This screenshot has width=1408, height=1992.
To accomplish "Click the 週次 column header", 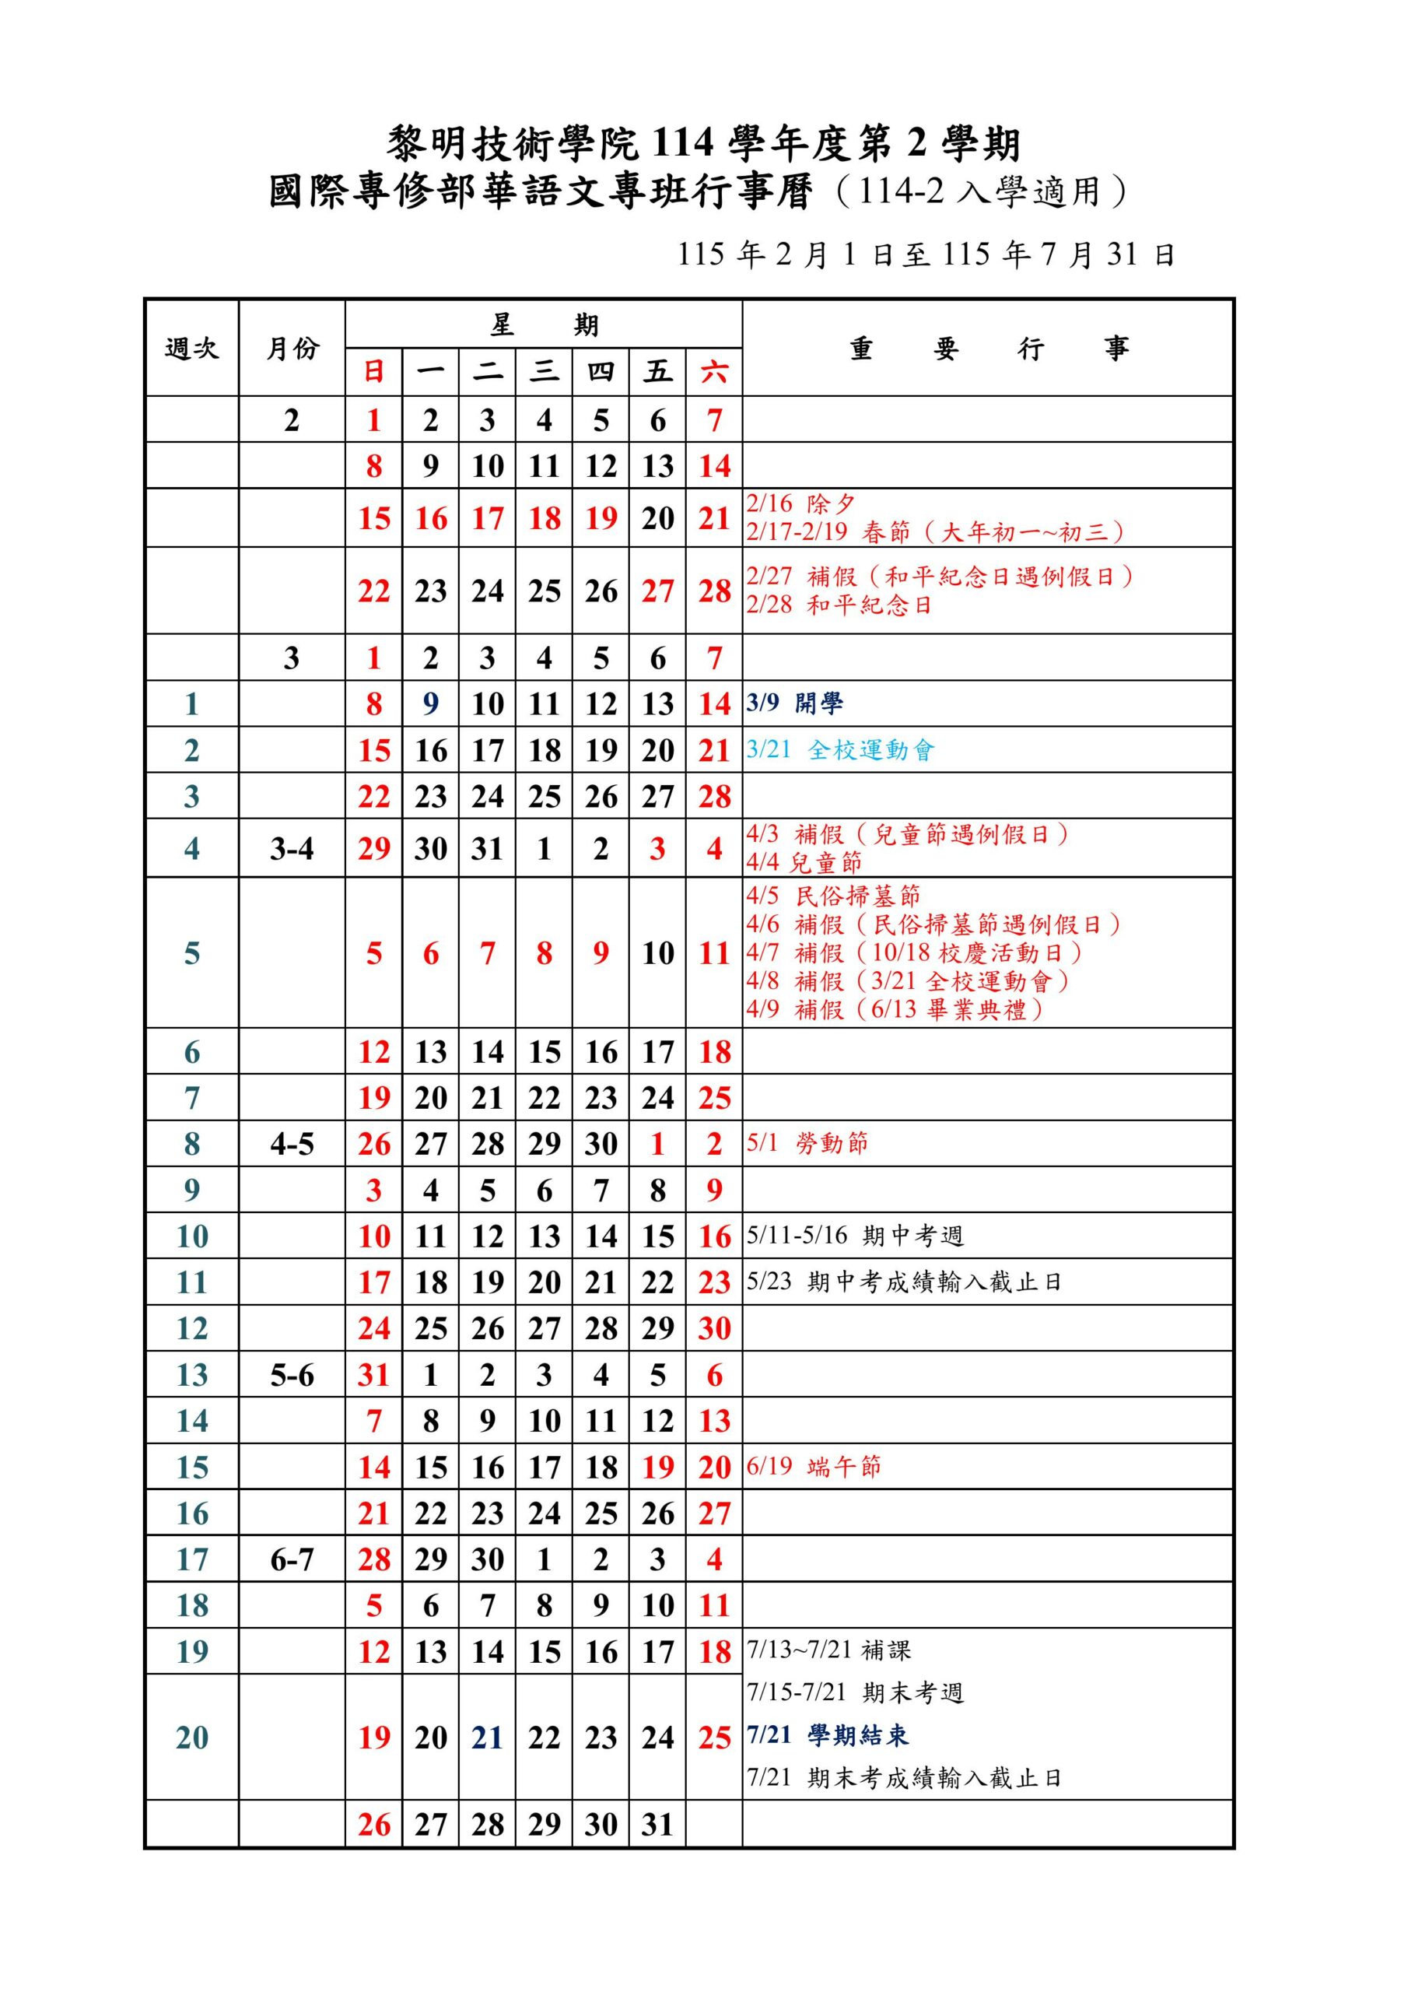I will [191, 349].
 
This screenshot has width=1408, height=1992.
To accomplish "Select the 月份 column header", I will [292, 349].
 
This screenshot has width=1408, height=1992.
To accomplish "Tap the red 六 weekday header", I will [714, 372].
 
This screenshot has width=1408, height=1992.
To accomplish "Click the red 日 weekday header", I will [374, 372].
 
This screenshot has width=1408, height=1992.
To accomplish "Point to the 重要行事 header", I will [987, 349].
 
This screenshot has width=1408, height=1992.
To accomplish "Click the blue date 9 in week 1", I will [430, 703].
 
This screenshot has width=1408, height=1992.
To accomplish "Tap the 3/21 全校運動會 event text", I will [840, 749].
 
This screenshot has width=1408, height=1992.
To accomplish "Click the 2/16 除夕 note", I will [800, 504].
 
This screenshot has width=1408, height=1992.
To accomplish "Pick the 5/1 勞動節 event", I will [807, 1142].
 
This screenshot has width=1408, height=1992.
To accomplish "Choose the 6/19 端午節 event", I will [813, 1466].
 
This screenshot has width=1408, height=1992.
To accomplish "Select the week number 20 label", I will [191, 1737].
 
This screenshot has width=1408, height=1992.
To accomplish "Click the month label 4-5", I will [292, 1144].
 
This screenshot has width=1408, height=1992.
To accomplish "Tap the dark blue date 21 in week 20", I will [488, 1737].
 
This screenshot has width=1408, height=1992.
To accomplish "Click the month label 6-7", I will [292, 1560].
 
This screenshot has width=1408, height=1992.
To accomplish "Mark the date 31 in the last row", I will [657, 1825].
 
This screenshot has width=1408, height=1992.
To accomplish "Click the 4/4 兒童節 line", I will [804, 862].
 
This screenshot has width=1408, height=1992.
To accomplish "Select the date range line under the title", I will [926, 254].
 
